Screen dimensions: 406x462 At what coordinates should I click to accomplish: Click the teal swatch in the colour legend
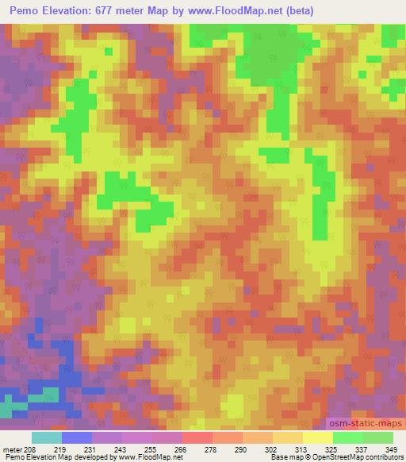pyautogui.click(x=46, y=437)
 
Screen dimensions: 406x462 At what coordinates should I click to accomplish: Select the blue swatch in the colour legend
pyautogui.click(x=77, y=437)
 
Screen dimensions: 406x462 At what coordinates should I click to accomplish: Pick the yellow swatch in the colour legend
pyautogui.click(x=317, y=437)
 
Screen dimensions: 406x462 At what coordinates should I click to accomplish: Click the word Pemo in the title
pyautogui.click(x=25, y=11)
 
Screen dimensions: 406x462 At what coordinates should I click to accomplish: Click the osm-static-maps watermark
pyautogui.click(x=365, y=425)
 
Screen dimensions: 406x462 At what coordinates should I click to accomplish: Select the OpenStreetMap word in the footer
pyautogui.click(x=330, y=457)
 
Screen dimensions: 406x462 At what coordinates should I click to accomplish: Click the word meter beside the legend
pyautogui.click(x=12, y=449)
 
